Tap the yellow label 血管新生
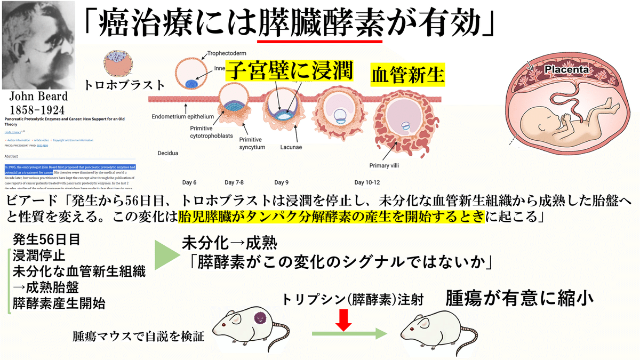(407, 75)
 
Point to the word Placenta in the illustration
(566, 69)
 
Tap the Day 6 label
(189, 182)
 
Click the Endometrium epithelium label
(182, 117)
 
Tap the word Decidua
(167, 153)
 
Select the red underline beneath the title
(320, 41)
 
